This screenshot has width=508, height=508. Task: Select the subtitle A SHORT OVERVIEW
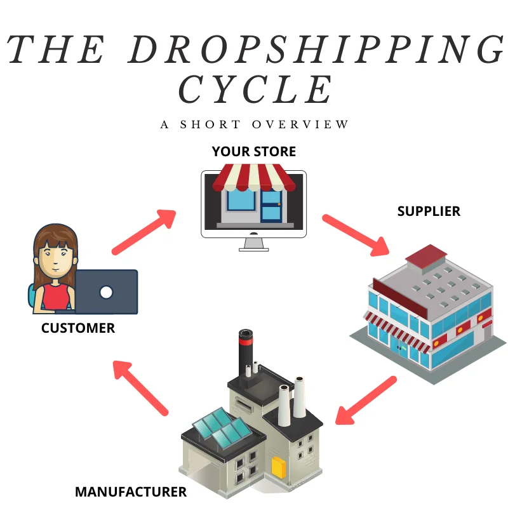[255, 124]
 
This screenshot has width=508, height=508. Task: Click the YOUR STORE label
[254, 152]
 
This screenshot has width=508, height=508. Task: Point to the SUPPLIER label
[429, 211]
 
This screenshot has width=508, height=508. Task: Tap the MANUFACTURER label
[131, 491]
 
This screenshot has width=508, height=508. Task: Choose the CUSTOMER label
[78, 328]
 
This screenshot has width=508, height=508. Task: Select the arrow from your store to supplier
[356, 235]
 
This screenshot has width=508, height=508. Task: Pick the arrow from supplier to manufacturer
[366, 400]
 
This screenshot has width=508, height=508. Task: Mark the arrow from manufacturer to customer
[141, 387]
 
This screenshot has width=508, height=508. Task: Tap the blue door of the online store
[271, 204]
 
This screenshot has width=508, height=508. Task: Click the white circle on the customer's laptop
[106, 292]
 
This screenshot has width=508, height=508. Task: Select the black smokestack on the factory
[245, 352]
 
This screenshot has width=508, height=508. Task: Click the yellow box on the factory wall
[278, 467]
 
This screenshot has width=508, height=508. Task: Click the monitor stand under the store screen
[254, 244]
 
